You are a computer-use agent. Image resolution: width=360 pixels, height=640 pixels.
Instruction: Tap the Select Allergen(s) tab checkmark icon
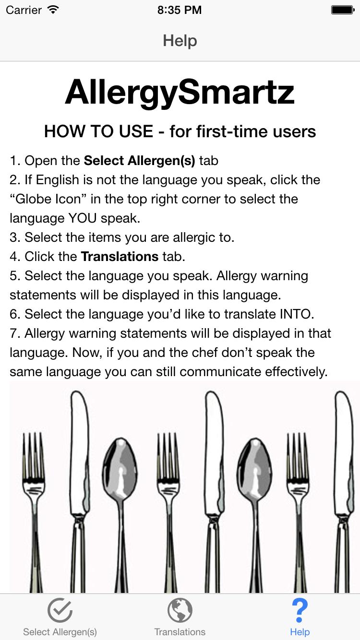(x=60, y=611)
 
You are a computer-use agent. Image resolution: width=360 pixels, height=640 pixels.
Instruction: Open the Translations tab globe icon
(x=180, y=611)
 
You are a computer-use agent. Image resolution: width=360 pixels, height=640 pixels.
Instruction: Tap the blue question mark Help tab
(x=300, y=611)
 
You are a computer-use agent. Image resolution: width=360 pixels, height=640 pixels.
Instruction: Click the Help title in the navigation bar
(x=180, y=41)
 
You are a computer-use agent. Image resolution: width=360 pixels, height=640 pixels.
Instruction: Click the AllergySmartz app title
(x=180, y=92)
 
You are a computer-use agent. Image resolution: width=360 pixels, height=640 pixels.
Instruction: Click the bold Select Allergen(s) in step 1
(x=139, y=160)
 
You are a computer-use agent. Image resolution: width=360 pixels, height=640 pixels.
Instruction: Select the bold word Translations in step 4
(x=120, y=256)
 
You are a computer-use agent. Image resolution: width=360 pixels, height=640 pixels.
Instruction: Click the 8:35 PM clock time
(x=180, y=10)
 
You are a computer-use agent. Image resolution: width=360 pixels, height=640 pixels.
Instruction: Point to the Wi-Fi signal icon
(x=53, y=10)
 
